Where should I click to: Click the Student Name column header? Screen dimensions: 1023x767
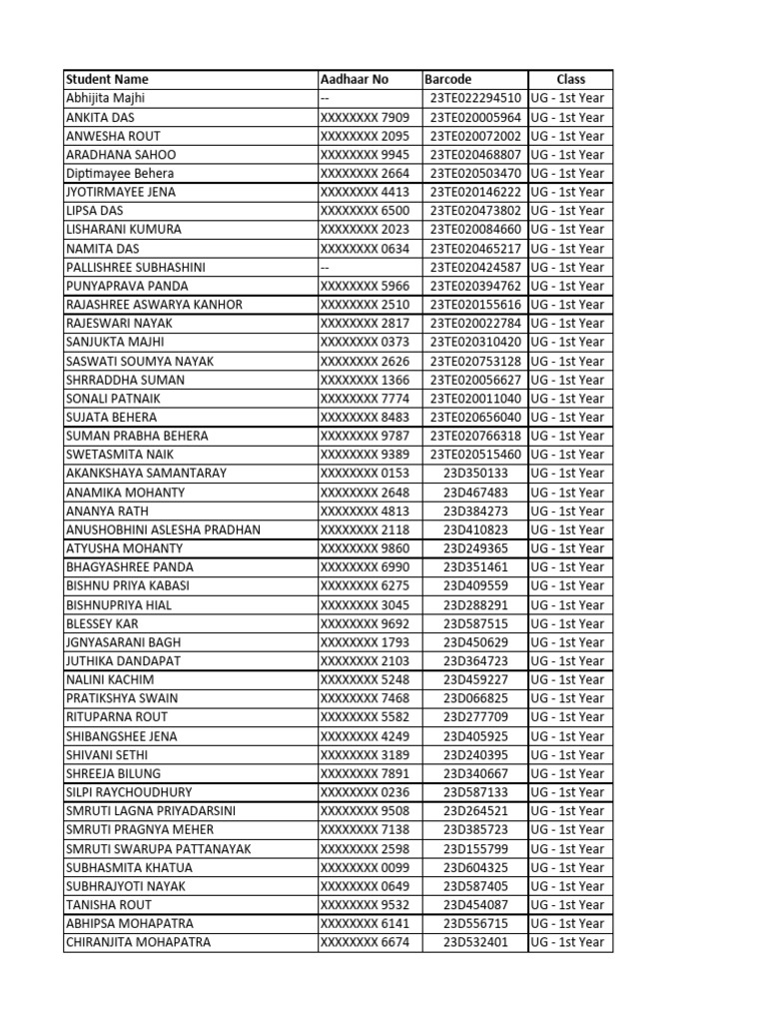pos(107,79)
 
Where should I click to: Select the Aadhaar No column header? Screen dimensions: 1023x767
pos(355,79)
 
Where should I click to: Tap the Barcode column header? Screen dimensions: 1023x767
pos(448,79)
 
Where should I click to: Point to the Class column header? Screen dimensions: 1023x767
pos(571,79)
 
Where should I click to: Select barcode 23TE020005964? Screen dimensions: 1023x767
pos(475,117)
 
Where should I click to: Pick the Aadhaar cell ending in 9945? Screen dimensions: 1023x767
pos(365,155)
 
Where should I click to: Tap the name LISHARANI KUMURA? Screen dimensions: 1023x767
pos(124,230)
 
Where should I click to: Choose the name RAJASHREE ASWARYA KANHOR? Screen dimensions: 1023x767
pos(154,305)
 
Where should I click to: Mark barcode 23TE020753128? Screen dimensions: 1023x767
pos(475,361)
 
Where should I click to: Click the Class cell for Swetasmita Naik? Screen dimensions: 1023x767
pos(567,455)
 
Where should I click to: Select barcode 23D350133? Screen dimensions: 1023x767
pos(475,474)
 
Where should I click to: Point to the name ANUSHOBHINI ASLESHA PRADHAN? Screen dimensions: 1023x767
pos(163,529)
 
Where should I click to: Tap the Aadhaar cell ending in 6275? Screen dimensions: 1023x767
pos(365,586)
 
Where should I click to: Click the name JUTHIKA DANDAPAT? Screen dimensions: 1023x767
pos(126,661)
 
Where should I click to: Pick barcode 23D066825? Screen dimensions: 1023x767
pos(475,698)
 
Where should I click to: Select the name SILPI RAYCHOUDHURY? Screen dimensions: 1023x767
pos(127,792)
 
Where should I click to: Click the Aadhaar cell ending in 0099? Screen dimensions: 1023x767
pos(365,867)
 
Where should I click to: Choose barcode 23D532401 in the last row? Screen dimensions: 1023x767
pos(475,942)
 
